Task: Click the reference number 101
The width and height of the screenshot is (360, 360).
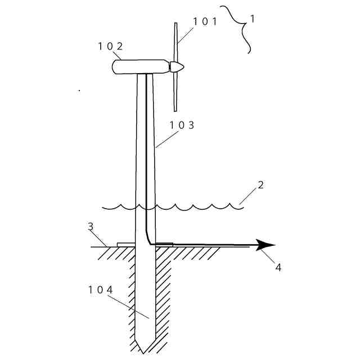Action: (x=205, y=22)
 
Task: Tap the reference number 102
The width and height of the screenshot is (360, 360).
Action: (x=110, y=46)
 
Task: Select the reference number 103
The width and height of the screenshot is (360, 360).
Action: (x=182, y=125)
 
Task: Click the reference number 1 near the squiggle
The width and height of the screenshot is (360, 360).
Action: (x=253, y=19)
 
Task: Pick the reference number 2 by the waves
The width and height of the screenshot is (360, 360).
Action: (x=260, y=184)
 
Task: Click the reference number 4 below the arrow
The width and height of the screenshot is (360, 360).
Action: (x=278, y=267)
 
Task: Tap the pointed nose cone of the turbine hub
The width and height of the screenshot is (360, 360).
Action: (x=177, y=67)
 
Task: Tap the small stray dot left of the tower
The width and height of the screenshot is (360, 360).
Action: (x=79, y=89)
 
